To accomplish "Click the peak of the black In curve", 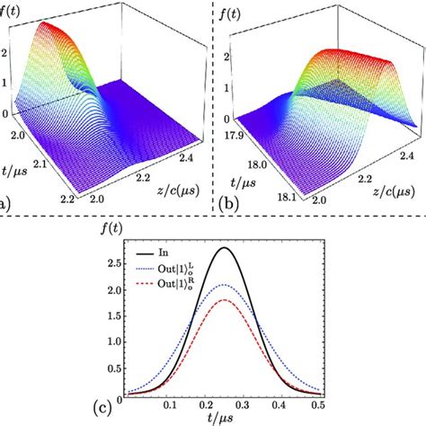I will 225,248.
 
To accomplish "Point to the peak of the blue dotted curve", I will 225,286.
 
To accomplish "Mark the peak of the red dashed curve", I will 225,300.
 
